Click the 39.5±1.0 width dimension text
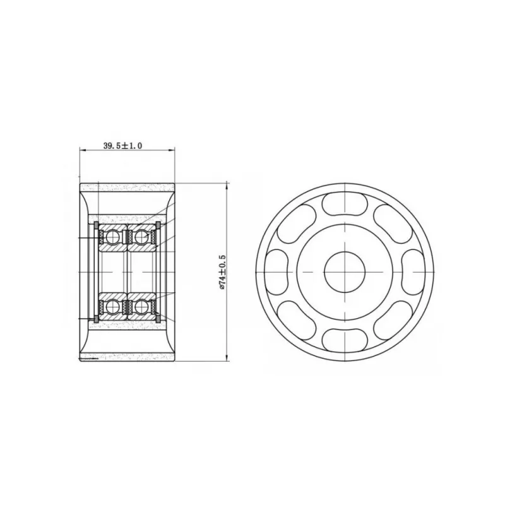[x=122, y=146]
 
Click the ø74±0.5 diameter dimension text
[x=222, y=272]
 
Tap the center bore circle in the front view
[x=344, y=272]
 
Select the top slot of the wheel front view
[x=344, y=204]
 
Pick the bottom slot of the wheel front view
[x=344, y=340]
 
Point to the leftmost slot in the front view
[x=276, y=272]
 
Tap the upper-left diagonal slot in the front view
[x=296, y=224]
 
